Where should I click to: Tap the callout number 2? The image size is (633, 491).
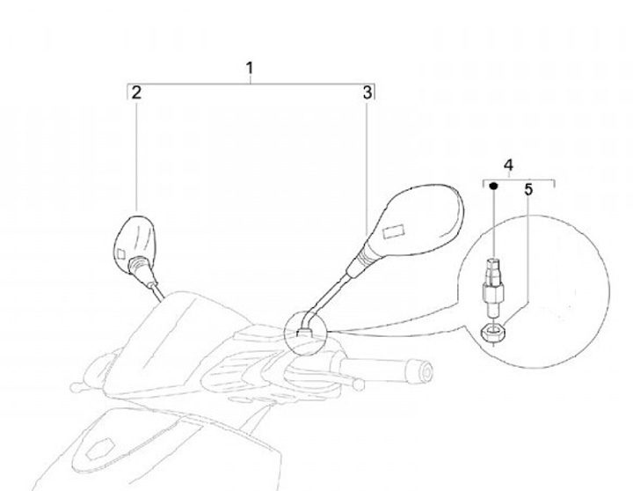click(x=136, y=92)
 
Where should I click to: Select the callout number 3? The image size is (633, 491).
click(x=367, y=92)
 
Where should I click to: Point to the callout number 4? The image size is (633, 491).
click(x=508, y=165)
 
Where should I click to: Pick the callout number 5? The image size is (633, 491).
click(x=528, y=188)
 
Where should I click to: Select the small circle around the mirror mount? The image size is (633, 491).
click(x=306, y=330)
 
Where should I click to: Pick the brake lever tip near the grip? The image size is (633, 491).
click(x=360, y=385)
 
